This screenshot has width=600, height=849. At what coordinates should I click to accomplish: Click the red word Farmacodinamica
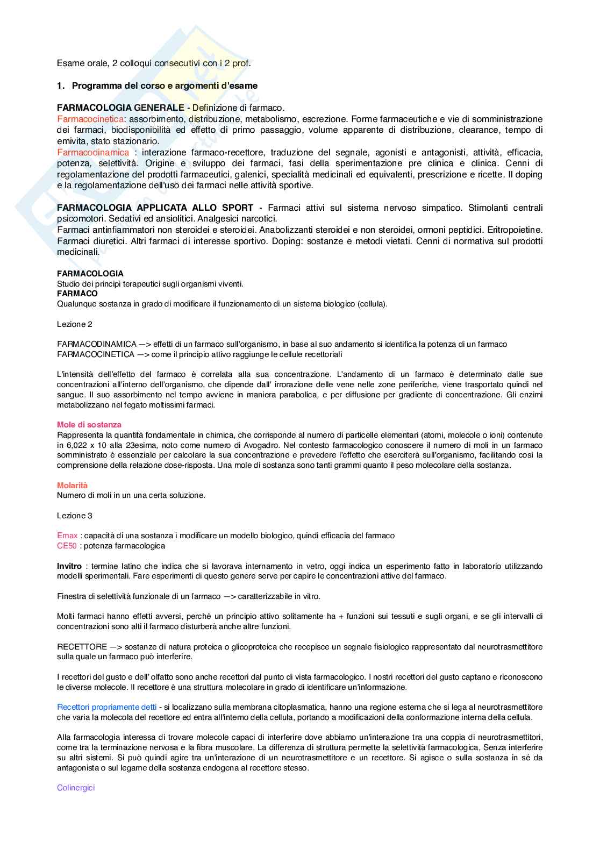pyautogui.click(x=93, y=152)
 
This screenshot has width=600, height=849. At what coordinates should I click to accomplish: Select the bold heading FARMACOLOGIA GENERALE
pyautogui.click(x=120, y=108)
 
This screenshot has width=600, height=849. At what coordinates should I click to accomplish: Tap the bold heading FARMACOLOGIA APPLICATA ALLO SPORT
pyautogui.click(x=155, y=208)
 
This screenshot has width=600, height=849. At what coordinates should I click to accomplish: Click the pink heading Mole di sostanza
pyautogui.click(x=89, y=425)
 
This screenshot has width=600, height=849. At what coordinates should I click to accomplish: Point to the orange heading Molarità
pyautogui.click(x=72, y=485)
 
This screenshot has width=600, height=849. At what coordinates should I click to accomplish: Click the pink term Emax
pyautogui.click(x=67, y=536)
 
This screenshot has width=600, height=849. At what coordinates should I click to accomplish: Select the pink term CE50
pyautogui.click(x=67, y=546)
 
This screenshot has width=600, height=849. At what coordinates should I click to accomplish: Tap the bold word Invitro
pyautogui.click(x=69, y=566)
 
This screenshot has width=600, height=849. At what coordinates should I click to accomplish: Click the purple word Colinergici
pyautogui.click(x=76, y=788)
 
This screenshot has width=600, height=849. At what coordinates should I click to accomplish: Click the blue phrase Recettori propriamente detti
pyautogui.click(x=107, y=707)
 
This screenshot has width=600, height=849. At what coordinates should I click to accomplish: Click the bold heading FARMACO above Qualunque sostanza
pyautogui.click(x=77, y=294)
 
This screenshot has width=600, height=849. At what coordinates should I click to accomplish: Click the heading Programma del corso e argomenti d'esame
pyautogui.click(x=165, y=85)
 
